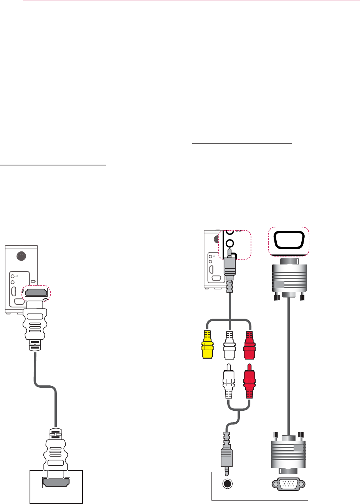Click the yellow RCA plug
pyautogui.click(x=208, y=344)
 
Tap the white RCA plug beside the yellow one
pyautogui.click(x=229, y=344)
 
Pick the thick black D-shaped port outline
pyautogui.click(x=289, y=241)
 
